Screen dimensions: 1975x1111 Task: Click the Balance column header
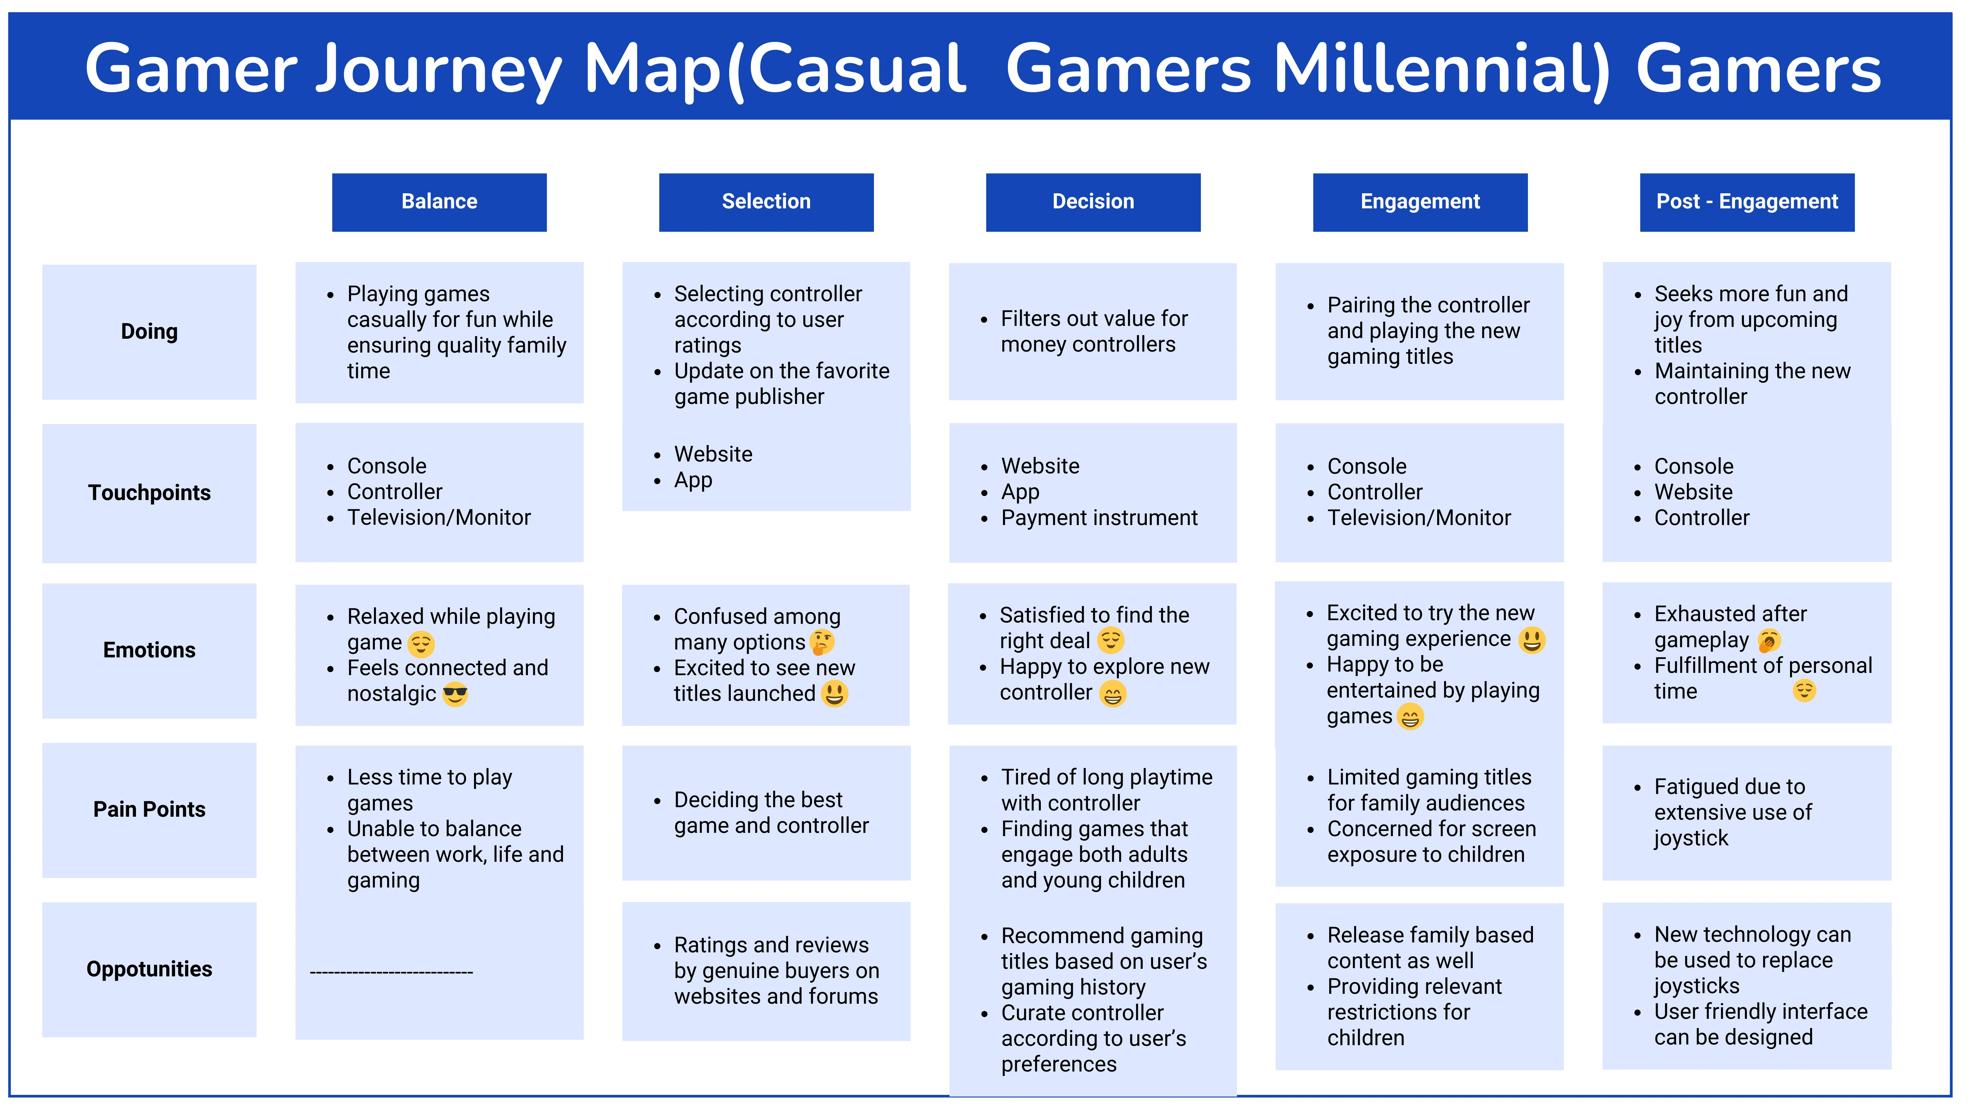coord(439,202)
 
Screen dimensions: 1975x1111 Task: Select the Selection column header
coord(766,202)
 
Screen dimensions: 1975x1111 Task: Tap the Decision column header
coord(1093,202)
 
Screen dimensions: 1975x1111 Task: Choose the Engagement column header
coord(1420,202)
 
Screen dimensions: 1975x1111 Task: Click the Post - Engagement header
coord(1747,202)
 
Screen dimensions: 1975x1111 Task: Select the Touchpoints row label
coord(149,493)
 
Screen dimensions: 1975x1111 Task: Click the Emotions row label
coord(149,650)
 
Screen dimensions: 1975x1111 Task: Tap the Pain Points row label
coord(149,810)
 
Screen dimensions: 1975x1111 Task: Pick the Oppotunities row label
coord(149,969)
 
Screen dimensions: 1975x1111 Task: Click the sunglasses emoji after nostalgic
coord(456,694)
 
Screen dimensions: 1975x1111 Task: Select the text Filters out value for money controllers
coord(1094,331)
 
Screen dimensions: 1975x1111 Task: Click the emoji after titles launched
coord(835,694)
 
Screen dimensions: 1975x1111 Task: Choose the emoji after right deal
coord(1111,640)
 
